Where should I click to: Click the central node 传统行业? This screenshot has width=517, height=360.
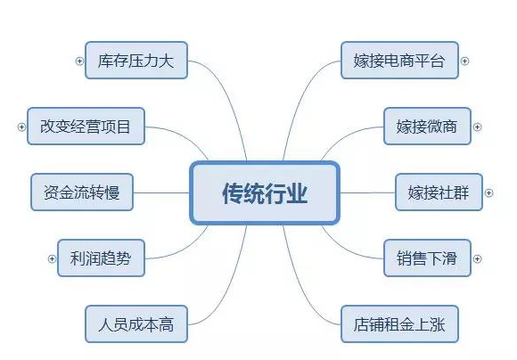tap(265, 192)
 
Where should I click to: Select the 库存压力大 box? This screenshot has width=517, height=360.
tap(136, 61)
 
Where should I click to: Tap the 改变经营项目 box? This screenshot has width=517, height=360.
tap(86, 127)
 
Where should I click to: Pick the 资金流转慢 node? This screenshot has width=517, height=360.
tap(82, 192)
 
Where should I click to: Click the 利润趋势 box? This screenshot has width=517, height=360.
tap(101, 258)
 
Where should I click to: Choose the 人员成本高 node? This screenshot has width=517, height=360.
tap(136, 324)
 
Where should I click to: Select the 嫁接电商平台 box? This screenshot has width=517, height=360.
tap(399, 61)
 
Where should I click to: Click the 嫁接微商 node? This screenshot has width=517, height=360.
tap(427, 127)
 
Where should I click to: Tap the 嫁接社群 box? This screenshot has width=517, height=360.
tap(439, 192)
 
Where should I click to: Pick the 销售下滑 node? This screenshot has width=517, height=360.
tap(427, 258)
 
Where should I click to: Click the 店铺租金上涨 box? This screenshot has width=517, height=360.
tap(399, 324)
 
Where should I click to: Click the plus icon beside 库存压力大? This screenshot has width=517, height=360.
tap(79, 61)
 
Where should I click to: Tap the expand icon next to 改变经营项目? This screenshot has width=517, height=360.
tap(21, 127)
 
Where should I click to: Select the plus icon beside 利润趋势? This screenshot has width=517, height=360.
tap(52, 258)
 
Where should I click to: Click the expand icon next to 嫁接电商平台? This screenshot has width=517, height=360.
tap(464, 61)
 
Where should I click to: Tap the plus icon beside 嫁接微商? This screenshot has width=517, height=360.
tap(477, 127)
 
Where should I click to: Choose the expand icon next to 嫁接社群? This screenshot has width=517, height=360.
tap(489, 192)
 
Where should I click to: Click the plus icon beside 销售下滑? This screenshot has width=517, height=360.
tap(477, 258)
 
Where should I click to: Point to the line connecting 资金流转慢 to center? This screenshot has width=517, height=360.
tap(161, 192)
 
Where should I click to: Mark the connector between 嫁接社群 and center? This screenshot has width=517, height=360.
tap(367, 192)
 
